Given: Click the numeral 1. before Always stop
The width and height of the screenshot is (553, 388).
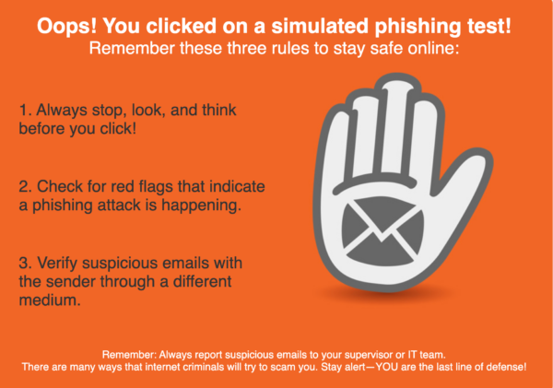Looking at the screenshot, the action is [26, 110].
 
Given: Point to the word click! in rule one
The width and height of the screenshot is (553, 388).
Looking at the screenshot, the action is [118, 128].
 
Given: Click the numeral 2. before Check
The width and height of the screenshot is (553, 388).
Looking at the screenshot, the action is [26, 186].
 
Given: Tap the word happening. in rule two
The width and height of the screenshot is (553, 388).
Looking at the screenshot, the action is [201, 206].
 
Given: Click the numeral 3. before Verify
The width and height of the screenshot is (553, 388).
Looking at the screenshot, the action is [26, 264].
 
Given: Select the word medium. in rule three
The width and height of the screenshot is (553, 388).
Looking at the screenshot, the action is [50, 300].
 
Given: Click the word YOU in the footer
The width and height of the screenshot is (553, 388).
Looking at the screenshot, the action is [386, 367].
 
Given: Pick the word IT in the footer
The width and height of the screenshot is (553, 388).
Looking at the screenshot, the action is [412, 355].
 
